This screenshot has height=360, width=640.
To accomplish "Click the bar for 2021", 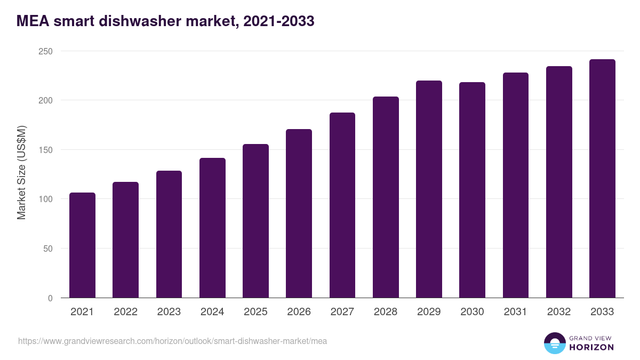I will pyautogui.click(x=82, y=245).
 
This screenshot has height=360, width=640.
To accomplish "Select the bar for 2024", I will pyautogui.click(x=212, y=228).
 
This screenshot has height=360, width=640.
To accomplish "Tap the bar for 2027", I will pyautogui.click(x=342, y=205).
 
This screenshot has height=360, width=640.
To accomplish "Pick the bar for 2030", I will pyautogui.click(x=473, y=190).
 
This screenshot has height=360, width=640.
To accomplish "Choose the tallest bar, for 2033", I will pyautogui.click(x=603, y=179).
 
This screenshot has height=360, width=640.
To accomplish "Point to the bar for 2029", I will pyautogui.click(x=429, y=189).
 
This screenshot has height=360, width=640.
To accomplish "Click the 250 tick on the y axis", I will pyautogui.click(x=45, y=51).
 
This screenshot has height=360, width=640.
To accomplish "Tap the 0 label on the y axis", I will pyautogui.click(x=50, y=298).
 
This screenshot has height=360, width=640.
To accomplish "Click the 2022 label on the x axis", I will pyautogui.click(x=125, y=312).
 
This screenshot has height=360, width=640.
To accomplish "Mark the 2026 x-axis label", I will pyautogui.click(x=299, y=312).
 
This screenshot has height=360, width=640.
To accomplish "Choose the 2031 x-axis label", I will pyautogui.click(x=516, y=312).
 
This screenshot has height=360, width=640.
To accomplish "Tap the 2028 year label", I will pyautogui.click(x=386, y=312).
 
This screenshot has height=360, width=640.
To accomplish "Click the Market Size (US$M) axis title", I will pyautogui.click(x=21, y=173).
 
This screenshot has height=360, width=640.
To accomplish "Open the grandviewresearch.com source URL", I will pyautogui.click(x=173, y=341).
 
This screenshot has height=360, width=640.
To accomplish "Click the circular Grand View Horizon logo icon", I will pyautogui.click(x=555, y=343).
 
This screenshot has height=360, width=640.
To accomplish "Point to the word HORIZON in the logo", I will pyautogui.click(x=591, y=347).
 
